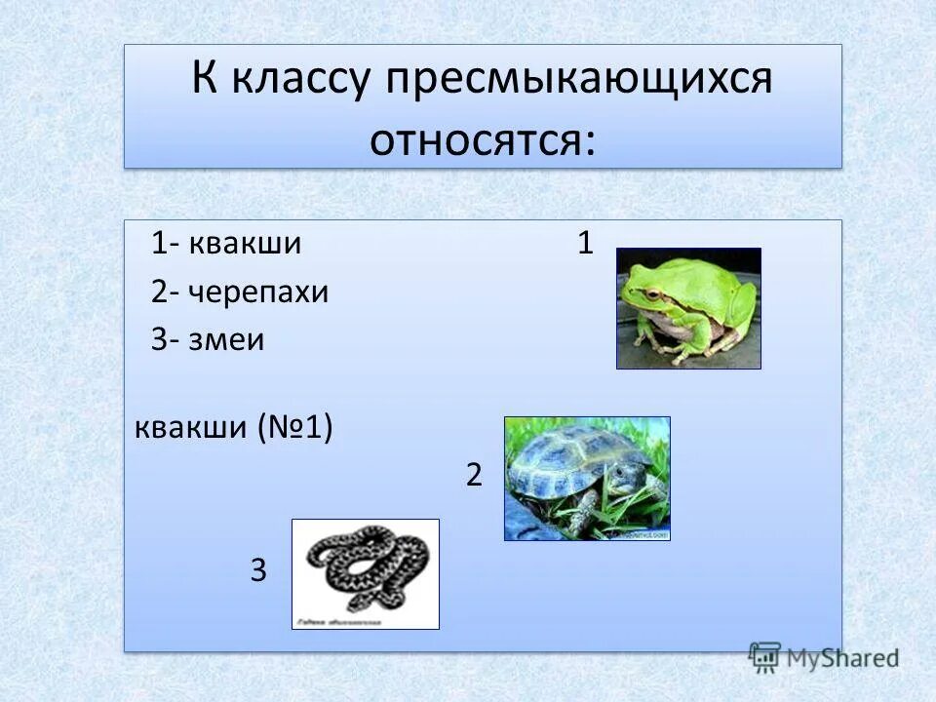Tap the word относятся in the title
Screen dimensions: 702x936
[x=481, y=139]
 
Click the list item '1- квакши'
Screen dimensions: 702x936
[x=226, y=245]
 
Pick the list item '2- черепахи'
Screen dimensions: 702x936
[x=240, y=292]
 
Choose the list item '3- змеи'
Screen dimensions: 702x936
[x=209, y=340]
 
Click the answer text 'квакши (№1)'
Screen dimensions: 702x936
[x=234, y=428]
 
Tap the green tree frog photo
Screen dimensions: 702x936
[x=688, y=308]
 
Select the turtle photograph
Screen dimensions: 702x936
[x=587, y=478]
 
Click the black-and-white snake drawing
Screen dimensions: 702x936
[x=366, y=573]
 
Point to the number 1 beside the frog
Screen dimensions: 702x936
[x=585, y=244]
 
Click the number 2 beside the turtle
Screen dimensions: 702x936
[x=475, y=475]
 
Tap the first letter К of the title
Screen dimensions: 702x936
[x=204, y=80]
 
